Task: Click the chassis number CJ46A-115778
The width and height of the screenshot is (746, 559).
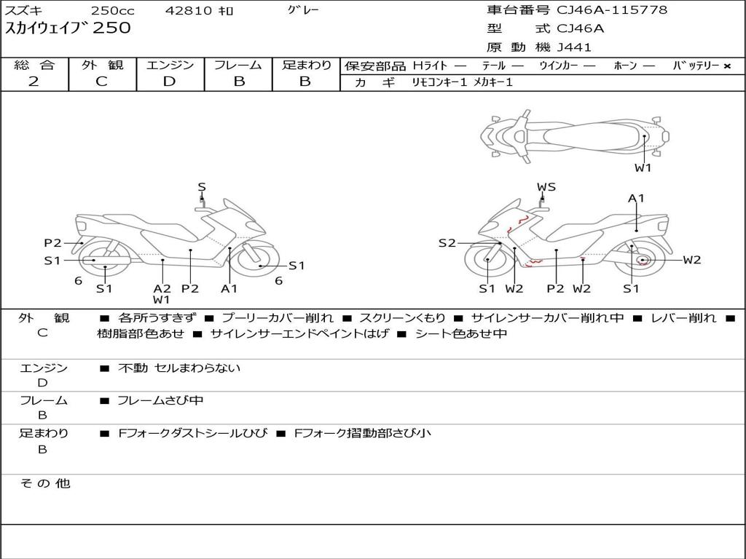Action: (612, 9)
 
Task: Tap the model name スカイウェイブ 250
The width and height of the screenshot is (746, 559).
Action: (68, 28)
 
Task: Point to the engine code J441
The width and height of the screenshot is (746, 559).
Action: (574, 47)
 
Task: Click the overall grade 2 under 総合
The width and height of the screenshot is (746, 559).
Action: (34, 82)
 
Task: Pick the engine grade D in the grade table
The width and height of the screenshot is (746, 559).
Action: (169, 82)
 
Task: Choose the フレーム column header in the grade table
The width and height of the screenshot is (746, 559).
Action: (237, 65)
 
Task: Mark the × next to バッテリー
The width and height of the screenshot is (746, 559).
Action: (727, 66)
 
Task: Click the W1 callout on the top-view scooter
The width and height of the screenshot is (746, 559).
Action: (643, 167)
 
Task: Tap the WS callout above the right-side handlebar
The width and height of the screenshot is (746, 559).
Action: (546, 187)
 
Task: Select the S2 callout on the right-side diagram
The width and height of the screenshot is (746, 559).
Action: (447, 243)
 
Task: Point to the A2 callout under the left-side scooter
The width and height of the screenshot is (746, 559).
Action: (162, 288)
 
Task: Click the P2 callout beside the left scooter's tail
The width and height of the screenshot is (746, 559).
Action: (52, 243)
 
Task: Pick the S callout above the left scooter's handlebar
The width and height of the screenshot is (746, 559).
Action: (202, 187)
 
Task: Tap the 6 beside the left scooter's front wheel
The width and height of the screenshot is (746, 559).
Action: (279, 280)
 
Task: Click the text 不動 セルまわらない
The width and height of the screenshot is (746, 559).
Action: (179, 368)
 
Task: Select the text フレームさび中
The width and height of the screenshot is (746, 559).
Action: (160, 400)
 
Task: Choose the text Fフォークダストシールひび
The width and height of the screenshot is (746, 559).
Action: (192, 433)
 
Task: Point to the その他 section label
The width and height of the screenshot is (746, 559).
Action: (45, 483)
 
